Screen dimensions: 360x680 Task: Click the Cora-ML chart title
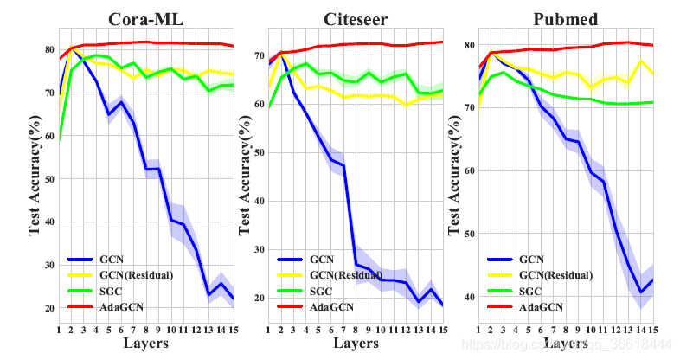pos(146,19)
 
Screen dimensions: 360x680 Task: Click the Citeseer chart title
pos(356,19)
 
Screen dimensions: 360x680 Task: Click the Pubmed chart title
pos(566,19)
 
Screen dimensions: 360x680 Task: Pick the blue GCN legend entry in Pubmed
pos(531,259)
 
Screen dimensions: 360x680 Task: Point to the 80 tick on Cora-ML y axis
pos(49,49)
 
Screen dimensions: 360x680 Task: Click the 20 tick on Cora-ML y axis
pos(49,308)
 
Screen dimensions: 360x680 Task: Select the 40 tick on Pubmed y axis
pos(469,297)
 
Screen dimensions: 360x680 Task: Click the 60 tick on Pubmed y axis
pos(469,170)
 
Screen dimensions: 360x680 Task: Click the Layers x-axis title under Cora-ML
pos(146,344)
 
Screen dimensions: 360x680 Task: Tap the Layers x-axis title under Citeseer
pos(356,344)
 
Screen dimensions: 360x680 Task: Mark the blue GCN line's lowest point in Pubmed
pos(641,293)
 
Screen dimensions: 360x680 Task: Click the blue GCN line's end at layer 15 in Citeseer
pos(443,305)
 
